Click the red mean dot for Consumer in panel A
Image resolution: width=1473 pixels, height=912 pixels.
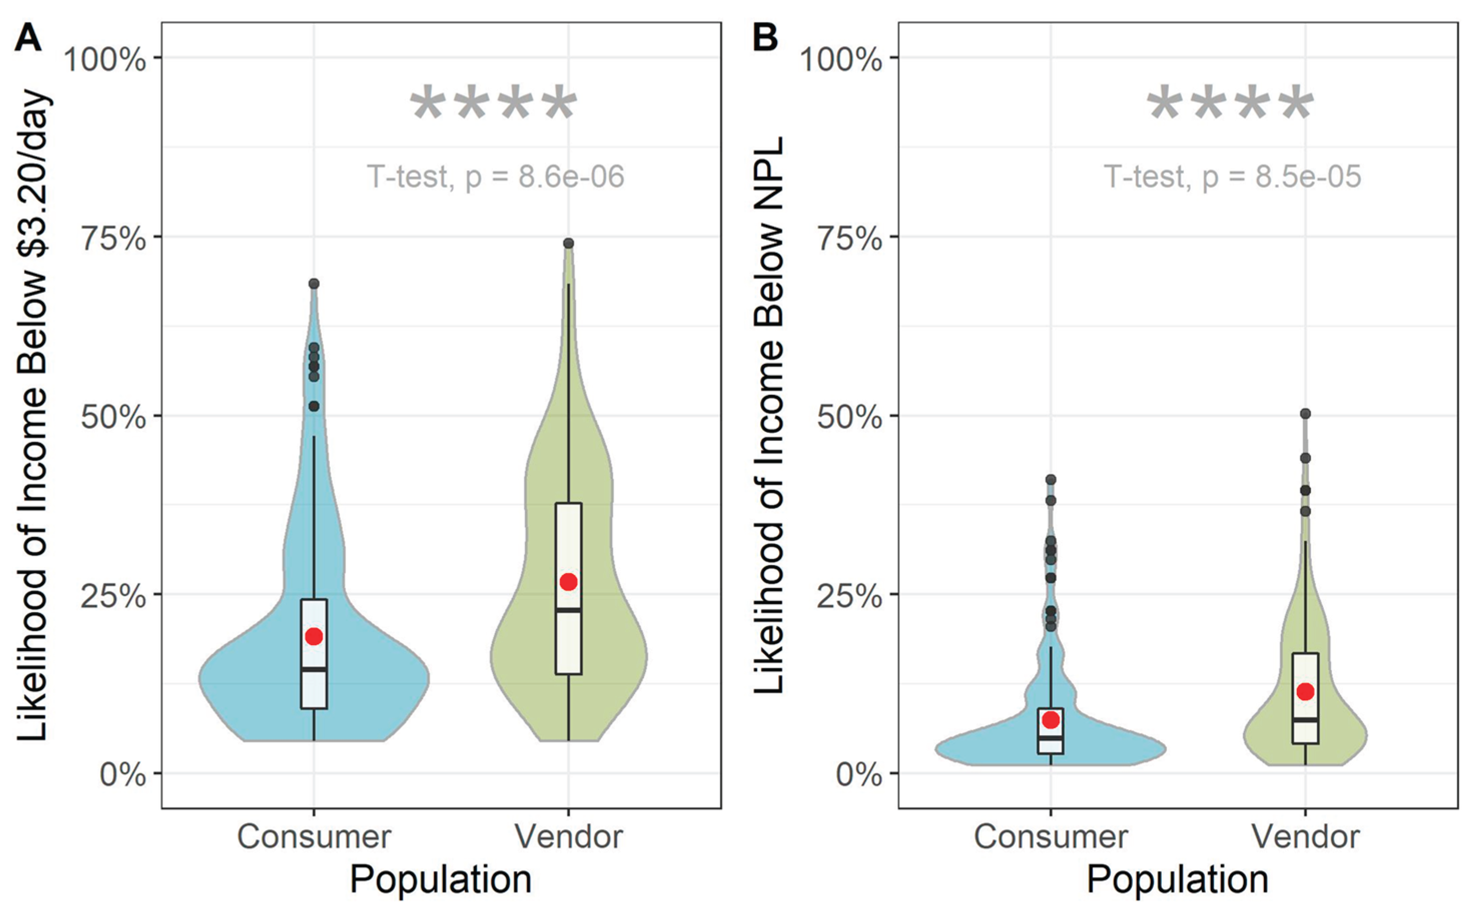point(313,636)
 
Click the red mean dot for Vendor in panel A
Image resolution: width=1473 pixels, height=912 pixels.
point(568,582)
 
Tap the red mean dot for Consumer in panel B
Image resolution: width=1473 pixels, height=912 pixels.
point(1051,720)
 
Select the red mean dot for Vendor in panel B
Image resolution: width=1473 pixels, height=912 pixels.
point(1305,692)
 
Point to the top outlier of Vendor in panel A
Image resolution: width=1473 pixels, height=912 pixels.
point(568,243)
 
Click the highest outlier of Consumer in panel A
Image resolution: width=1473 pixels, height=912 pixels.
point(313,283)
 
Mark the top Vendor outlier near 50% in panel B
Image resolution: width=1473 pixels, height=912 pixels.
point(1305,414)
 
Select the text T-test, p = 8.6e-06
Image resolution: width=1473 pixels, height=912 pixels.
point(495,177)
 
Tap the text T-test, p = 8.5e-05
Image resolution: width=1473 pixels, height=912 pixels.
point(1232,177)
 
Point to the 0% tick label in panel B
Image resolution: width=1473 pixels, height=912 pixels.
point(858,774)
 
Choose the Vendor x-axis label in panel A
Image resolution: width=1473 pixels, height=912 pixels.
point(568,836)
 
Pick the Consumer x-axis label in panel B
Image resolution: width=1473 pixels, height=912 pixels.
point(1051,836)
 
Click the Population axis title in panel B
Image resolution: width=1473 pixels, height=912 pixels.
point(1177,879)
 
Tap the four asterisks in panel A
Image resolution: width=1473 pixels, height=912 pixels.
point(493,106)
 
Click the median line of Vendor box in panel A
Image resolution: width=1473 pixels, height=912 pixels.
point(568,610)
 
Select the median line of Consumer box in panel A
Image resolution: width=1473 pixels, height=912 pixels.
point(313,669)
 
